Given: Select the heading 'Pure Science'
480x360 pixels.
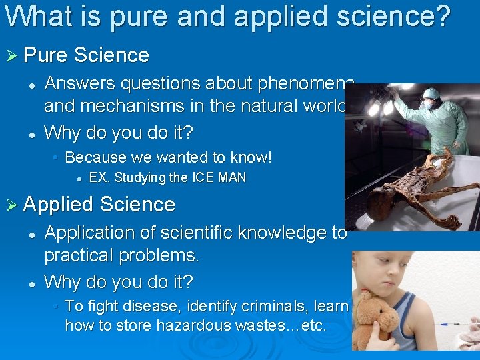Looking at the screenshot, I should [x=86, y=55].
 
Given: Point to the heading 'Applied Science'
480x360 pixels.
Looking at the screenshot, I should [x=99, y=204].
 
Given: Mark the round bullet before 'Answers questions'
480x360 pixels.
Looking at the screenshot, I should [x=31, y=85].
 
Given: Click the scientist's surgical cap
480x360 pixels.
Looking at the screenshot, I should [x=433, y=93].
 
